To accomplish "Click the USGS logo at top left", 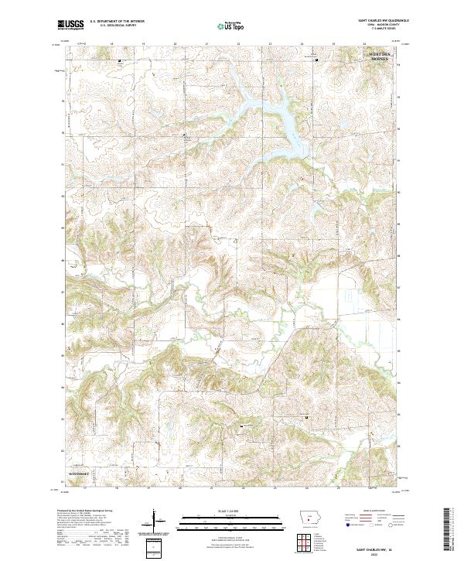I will tap(70, 25).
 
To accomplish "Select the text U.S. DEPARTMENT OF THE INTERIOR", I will tap(118, 22).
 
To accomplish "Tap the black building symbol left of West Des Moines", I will tap(316, 60).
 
